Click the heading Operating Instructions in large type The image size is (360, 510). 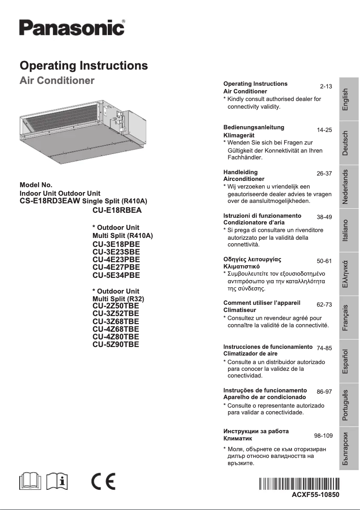[x=84, y=66]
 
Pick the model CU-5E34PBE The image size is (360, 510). [x=116, y=275]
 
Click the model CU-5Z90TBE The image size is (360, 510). [x=116, y=344]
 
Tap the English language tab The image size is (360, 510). [x=345, y=100]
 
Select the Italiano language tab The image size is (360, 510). [x=345, y=231]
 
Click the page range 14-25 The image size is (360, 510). [x=324, y=130]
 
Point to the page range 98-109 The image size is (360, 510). [x=323, y=435]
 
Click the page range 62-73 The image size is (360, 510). [x=324, y=304]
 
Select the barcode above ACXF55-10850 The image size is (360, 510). [x=299, y=484]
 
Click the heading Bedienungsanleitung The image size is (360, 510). [x=254, y=127]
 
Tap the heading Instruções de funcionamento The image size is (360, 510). [x=265, y=390]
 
